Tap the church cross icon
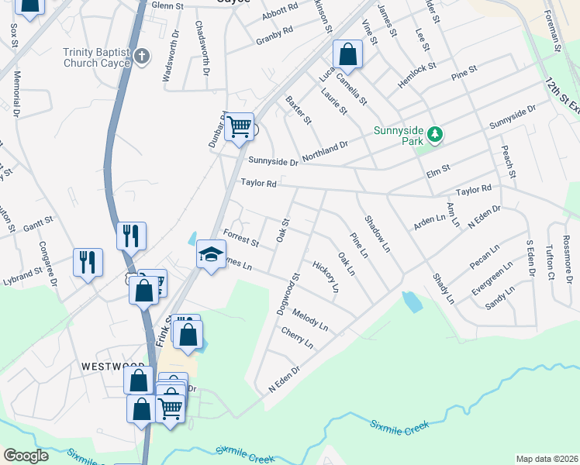click(141, 56)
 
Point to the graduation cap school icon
click(210, 254)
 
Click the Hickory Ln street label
click(326, 277)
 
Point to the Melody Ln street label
click(310, 320)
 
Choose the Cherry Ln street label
click(297, 337)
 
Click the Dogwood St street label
click(287, 294)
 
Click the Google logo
click(26, 456)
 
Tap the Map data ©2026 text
click(547, 459)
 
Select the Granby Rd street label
click(275, 33)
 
